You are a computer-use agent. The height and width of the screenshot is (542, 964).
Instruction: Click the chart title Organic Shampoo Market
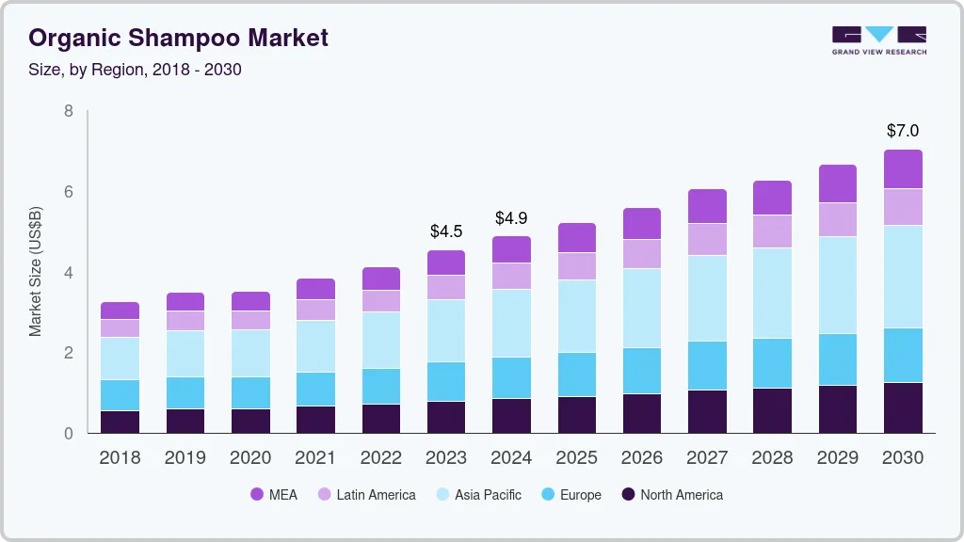(x=179, y=38)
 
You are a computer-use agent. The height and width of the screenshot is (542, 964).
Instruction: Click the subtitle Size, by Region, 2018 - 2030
(x=136, y=70)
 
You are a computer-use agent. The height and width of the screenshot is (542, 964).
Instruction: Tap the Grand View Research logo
(x=878, y=40)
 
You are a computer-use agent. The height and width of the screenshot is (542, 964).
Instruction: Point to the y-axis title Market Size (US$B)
(x=36, y=271)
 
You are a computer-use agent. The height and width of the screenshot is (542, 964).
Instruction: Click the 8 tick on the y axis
(x=68, y=111)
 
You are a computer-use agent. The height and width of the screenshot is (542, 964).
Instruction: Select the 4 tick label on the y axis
(x=68, y=273)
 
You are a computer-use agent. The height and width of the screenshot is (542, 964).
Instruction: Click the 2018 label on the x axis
(x=120, y=458)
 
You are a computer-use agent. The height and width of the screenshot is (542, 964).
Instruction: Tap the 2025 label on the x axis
(x=576, y=458)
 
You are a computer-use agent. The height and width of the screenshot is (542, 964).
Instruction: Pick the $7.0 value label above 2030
(x=903, y=131)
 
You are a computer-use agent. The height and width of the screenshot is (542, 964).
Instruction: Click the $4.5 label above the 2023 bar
(x=446, y=231)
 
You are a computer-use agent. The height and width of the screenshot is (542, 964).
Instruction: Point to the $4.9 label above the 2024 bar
(x=511, y=218)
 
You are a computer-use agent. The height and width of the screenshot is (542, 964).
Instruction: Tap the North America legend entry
(x=671, y=495)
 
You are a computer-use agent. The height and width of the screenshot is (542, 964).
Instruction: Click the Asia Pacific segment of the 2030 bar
(x=903, y=277)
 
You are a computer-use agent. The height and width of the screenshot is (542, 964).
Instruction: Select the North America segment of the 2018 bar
(x=120, y=422)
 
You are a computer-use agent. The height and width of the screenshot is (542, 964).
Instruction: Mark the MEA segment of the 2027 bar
(x=707, y=206)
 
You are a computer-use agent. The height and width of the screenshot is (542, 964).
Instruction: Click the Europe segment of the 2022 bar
(x=381, y=386)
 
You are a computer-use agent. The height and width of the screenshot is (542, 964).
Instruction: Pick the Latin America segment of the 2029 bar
(x=838, y=219)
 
